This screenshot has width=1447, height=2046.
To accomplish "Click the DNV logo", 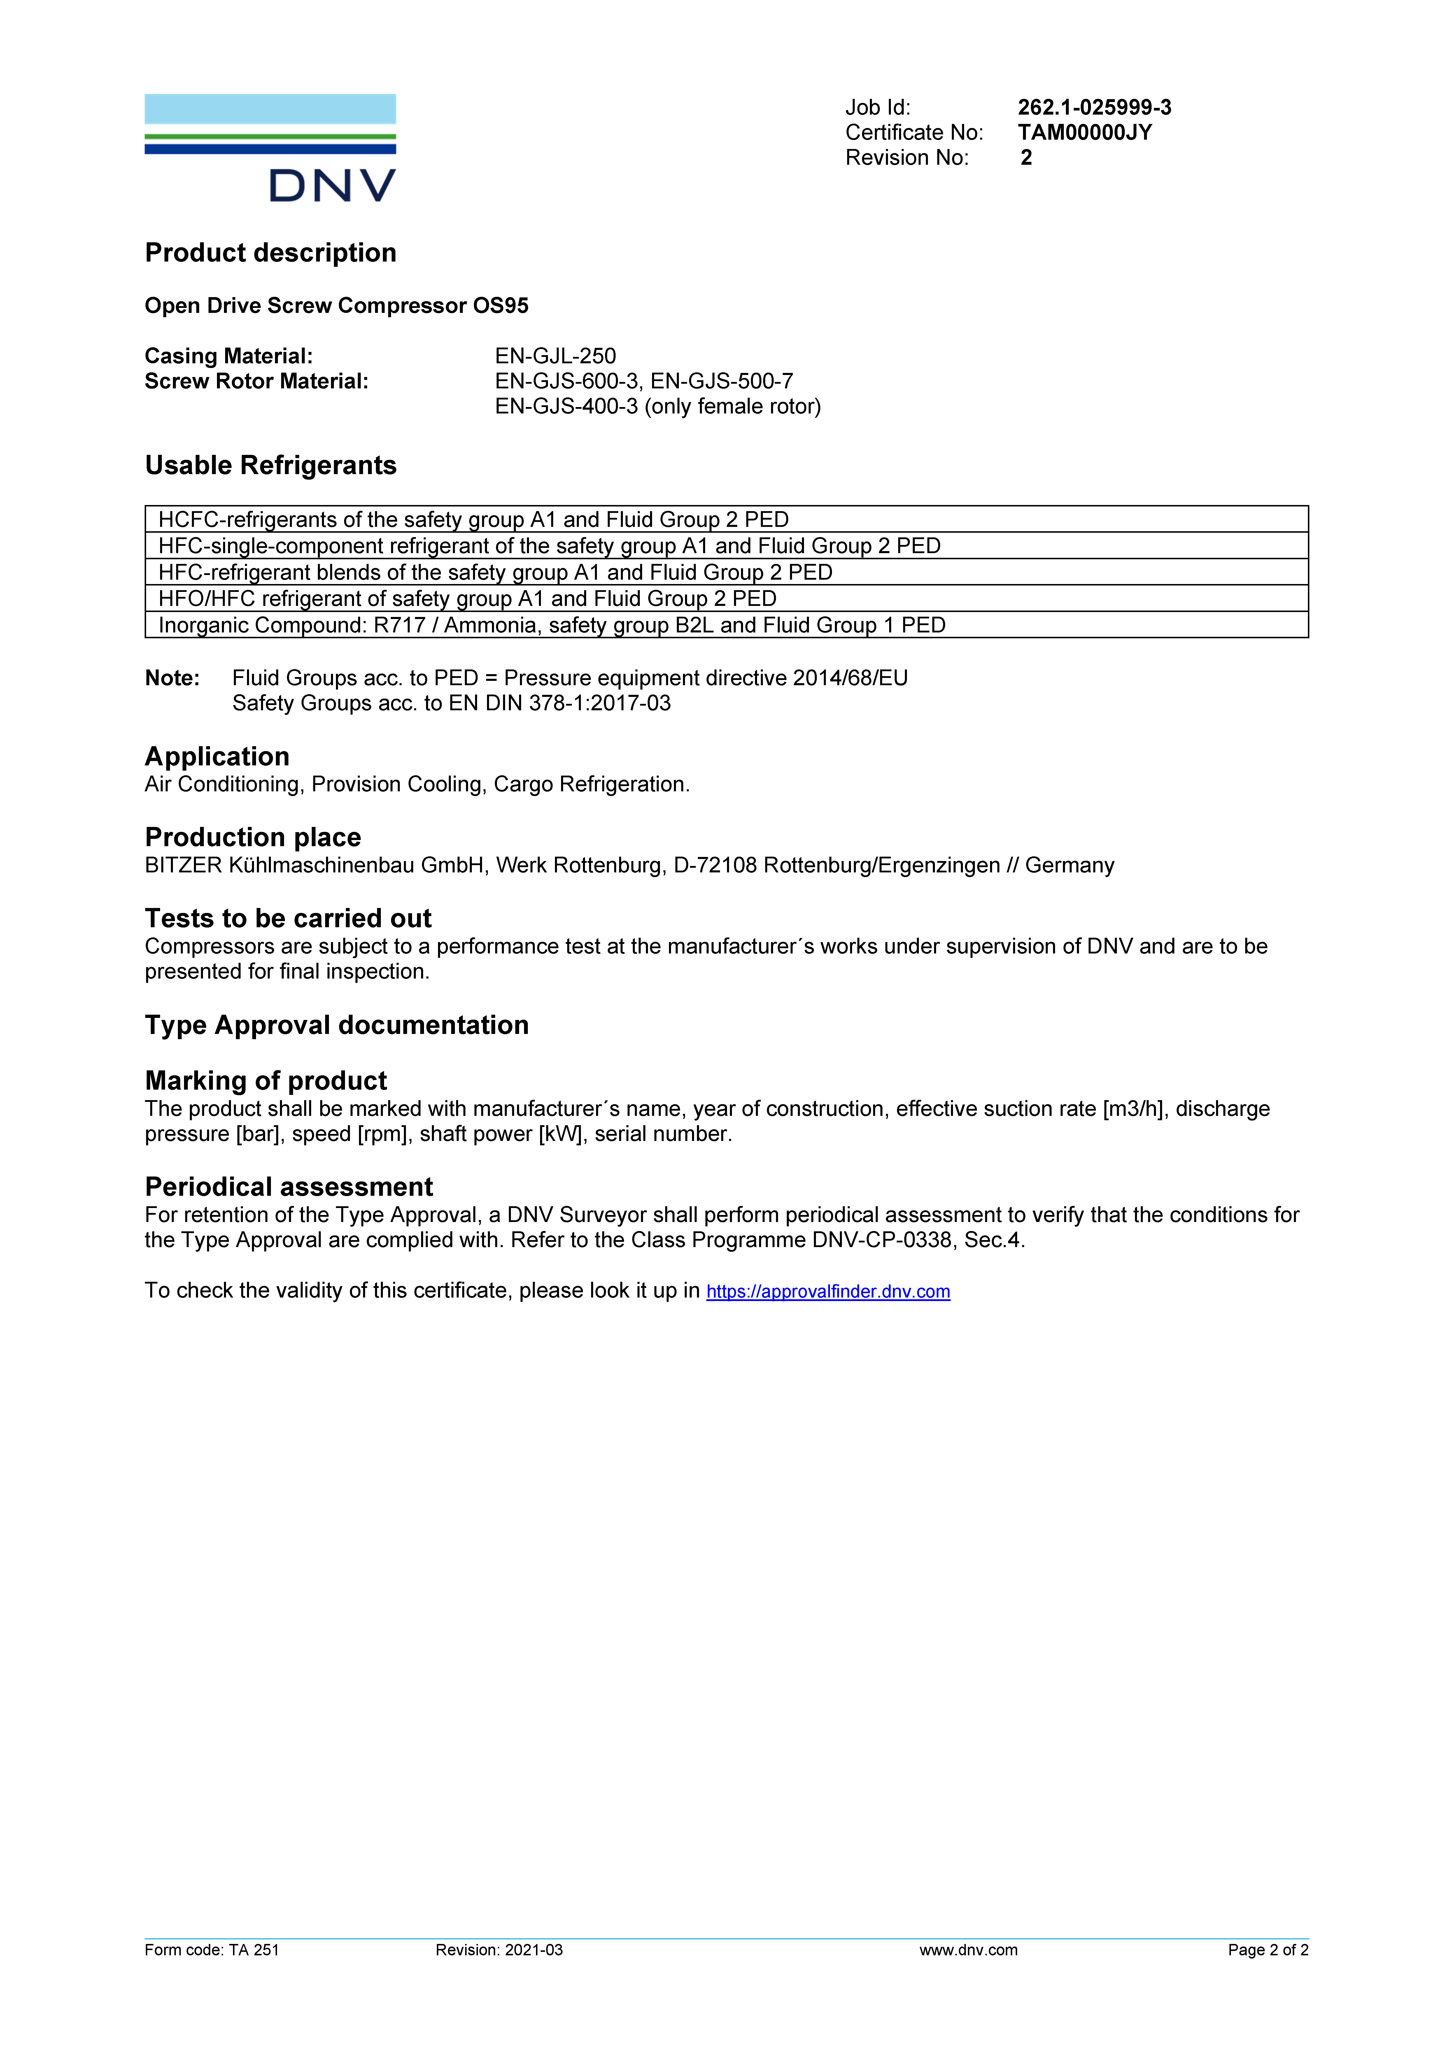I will (x=270, y=148).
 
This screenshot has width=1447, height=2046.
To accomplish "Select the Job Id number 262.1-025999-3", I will (x=1094, y=108).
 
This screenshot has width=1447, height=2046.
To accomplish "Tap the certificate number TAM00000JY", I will (x=1084, y=133).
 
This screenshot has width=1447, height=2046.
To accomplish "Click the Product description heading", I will (x=270, y=253).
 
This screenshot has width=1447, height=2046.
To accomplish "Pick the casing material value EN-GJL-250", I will (x=555, y=356).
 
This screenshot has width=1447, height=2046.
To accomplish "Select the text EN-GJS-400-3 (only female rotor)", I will (x=658, y=406).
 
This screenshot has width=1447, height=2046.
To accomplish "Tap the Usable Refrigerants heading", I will (x=270, y=465).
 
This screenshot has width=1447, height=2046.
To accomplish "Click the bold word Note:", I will (x=172, y=678).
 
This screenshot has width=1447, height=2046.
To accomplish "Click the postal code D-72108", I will (x=714, y=865).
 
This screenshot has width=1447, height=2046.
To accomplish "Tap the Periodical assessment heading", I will (x=289, y=1187).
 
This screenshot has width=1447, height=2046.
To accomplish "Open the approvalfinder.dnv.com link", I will (x=828, y=1291).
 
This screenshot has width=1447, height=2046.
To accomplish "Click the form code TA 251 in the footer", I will (x=254, y=1950).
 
